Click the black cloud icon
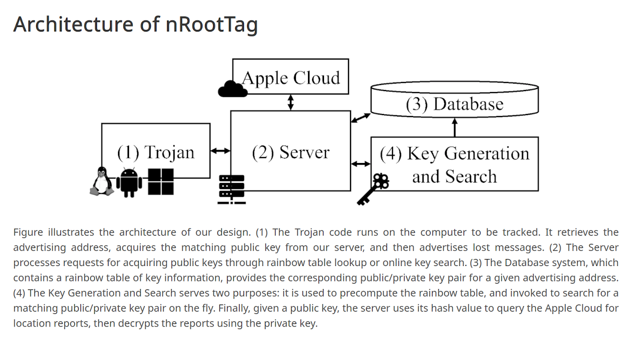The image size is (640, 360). (232, 89)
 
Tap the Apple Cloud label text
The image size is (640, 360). (291, 78)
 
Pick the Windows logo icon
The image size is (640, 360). (160, 181)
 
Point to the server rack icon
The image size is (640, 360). (231, 189)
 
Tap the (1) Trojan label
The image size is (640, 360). (155, 152)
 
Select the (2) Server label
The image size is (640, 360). (290, 152)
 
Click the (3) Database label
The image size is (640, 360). (454, 104)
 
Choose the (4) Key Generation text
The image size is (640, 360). (454, 153)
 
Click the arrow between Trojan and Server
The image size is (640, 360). (220, 150)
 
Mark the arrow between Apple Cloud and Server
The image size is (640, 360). (290, 102)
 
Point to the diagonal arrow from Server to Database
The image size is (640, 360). (360, 118)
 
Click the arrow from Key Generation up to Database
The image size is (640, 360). (454, 127)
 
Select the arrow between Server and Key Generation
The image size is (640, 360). (360, 163)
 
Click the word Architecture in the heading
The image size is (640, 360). (73, 24)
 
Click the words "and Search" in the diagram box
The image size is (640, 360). (454, 176)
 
